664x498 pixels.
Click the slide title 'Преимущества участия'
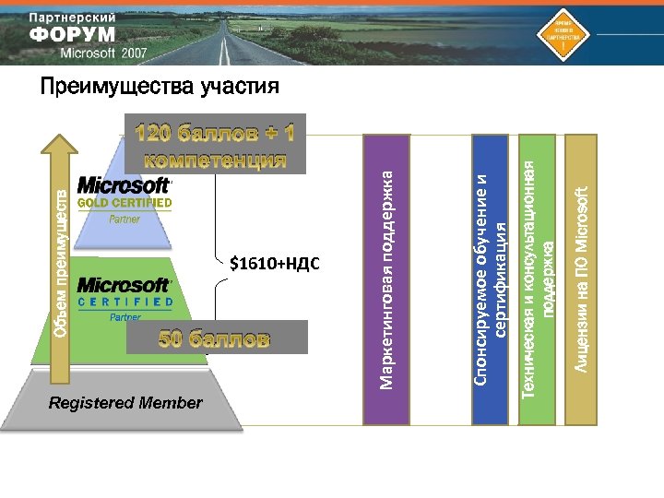coord(159,88)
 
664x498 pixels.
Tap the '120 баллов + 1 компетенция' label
coord(215,146)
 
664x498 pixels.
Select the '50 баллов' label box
coord(215,338)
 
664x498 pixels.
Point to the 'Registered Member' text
coord(125,403)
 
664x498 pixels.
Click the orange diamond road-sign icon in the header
coord(562,32)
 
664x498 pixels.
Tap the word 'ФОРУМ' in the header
coord(74,35)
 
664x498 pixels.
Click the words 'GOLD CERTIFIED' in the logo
coord(125,203)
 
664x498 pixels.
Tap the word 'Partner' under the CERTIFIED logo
coord(125,317)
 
